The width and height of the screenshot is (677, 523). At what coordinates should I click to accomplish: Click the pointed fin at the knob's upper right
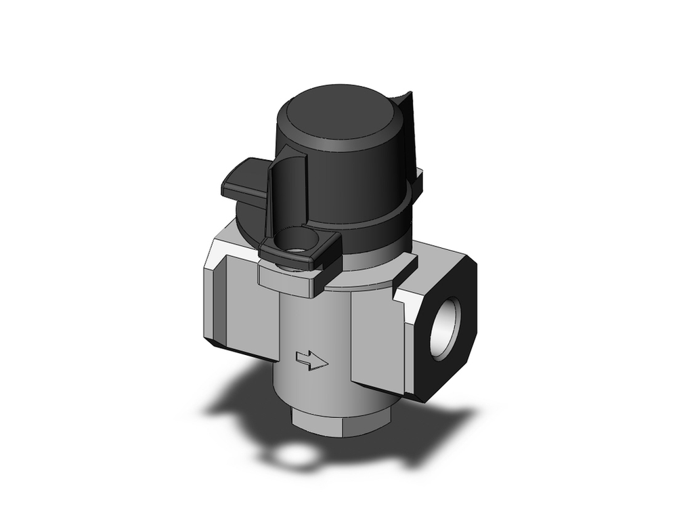[404, 108]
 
